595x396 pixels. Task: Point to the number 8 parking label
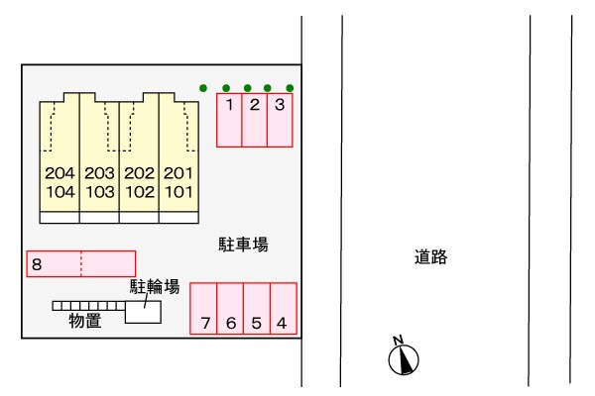[37, 264]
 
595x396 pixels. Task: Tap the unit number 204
[60, 173]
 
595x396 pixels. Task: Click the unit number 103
[100, 192]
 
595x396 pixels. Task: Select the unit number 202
[140, 173]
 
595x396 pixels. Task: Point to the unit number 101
[178, 192]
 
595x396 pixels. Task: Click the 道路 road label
[431, 258]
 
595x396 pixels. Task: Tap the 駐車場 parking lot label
[244, 243]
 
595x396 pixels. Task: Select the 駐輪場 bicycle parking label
[155, 287]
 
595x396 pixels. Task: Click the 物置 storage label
[84, 321]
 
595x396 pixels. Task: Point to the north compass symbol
[405, 358]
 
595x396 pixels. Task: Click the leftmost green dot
[203, 88]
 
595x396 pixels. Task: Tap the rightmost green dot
[290, 88]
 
